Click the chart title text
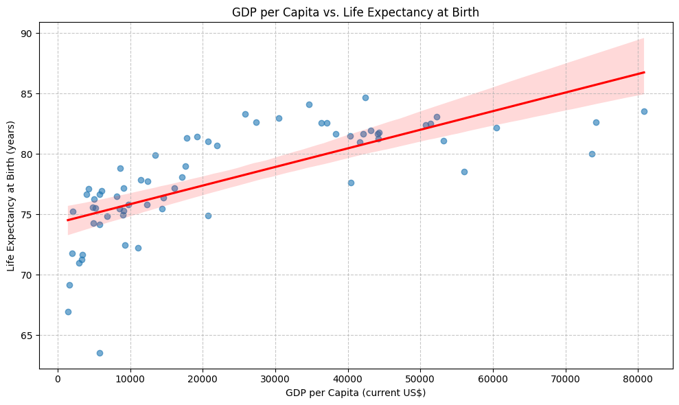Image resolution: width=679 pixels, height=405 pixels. click(356, 12)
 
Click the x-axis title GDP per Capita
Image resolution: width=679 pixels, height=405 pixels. click(356, 393)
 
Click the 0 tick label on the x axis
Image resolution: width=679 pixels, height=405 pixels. click(58, 376)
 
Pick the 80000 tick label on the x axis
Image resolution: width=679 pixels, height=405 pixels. click(638, 376)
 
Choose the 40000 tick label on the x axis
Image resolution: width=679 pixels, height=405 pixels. click(348, 376)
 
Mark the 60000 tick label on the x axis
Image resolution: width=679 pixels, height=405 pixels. click(493, 376)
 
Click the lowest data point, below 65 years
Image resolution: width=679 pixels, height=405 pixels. click(100, 353)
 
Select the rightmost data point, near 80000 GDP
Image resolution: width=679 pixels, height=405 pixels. click(644, 111)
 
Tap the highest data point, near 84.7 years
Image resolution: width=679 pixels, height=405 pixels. click(365, 97)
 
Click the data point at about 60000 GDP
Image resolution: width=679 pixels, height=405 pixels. click(496, 128)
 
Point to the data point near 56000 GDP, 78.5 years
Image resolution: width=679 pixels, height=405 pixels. click(464, 172)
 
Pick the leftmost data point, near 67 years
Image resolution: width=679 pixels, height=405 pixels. click(68, 312)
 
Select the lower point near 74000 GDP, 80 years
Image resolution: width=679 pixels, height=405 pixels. click(592, 154)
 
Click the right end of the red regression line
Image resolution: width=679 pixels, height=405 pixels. click(644, 72)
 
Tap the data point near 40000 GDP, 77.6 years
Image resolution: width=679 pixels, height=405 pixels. click(351, 183)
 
